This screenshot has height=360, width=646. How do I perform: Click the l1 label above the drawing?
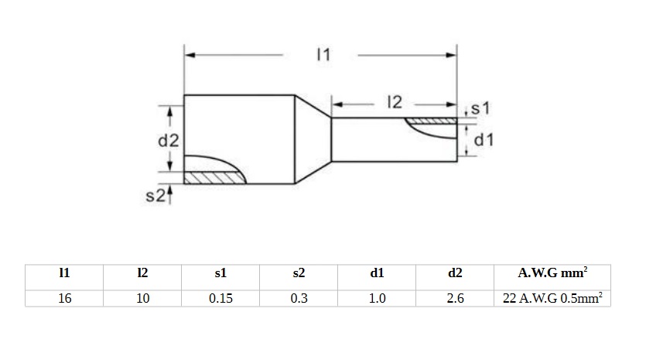coord(323,55)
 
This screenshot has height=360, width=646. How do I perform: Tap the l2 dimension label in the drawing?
coord(395,102)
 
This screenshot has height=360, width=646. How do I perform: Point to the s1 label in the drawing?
coord(480,108)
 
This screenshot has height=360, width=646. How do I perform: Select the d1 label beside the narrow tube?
coord(484,140)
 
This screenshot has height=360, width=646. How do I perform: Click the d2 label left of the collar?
coord(169,141)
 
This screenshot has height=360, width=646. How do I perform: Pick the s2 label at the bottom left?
coord(156,195)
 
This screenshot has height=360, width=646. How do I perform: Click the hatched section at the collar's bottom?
coord(214,178)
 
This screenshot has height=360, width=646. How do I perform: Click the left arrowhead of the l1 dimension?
coord(190,55)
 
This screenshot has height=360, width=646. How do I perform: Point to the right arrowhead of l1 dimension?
coord(452,55)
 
